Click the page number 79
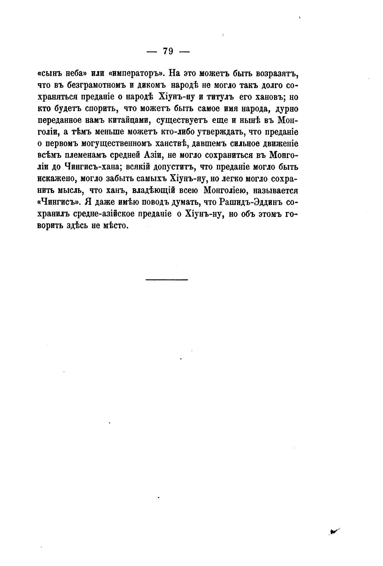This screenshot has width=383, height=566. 168,51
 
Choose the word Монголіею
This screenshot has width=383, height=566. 226,191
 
